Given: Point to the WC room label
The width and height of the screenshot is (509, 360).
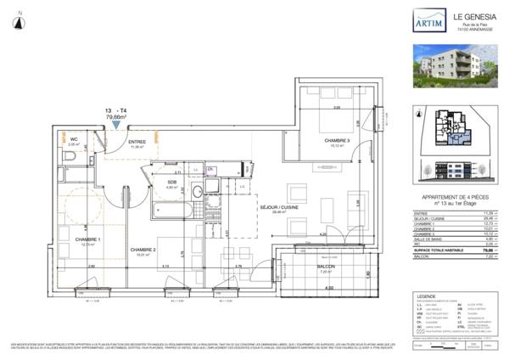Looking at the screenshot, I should [x=73, y=139].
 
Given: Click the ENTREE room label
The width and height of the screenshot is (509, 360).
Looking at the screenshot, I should [x=136, y=142].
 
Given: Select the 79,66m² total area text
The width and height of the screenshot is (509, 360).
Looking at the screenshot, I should [x=115, y=118].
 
